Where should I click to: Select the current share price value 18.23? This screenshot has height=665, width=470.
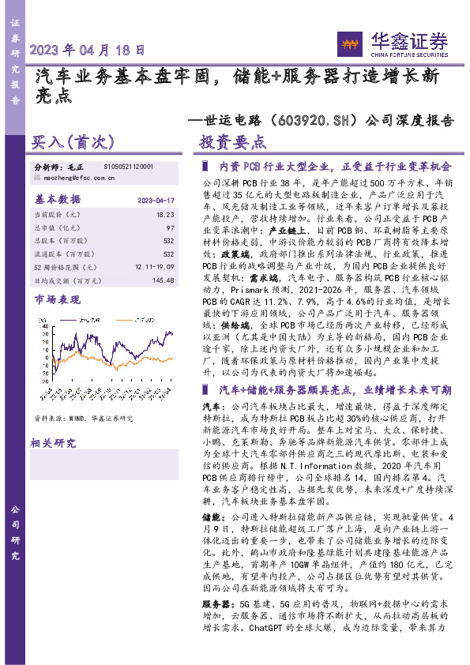[x=165, y=214]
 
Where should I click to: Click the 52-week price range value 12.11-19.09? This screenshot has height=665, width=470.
[x=154, y=267]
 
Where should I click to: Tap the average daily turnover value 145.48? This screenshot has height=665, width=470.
[x=162, y=280]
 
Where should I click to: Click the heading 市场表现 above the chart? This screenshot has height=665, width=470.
[x=57, y=300]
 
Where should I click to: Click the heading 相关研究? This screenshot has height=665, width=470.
[x=51, y=444]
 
